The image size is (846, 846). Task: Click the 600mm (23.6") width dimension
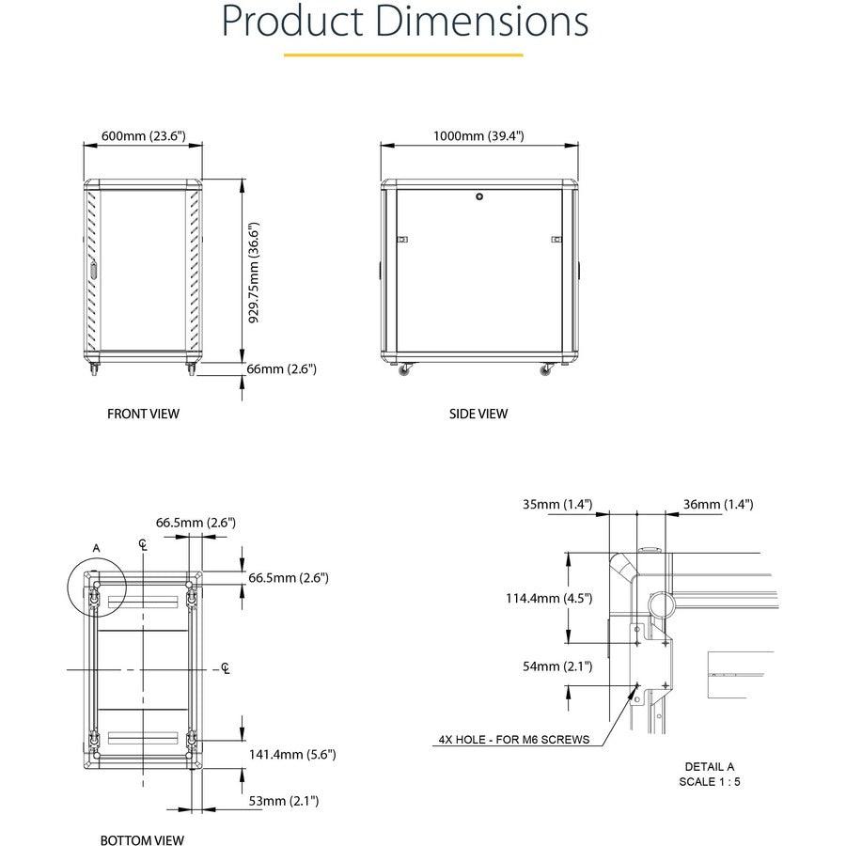point(144,136)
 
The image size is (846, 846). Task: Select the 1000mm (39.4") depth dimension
point(478,136)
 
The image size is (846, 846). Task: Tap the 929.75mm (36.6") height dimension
point(254,273)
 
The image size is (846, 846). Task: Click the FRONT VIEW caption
point(143,414)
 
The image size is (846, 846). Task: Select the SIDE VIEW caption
point(478,414)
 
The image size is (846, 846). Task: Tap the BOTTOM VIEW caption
point(142,840)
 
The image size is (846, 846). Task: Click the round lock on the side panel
point(479,197)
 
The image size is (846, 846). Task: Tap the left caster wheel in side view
point(406,371)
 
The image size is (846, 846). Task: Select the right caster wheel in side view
point(546,371)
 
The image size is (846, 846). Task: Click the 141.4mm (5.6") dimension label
point(292,754)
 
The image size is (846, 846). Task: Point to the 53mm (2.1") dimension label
point(283,801)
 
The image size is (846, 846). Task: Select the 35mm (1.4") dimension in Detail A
point(557,505)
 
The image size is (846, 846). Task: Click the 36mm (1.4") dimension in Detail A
point(718,505)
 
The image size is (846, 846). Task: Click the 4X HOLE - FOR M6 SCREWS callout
point(514,739)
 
